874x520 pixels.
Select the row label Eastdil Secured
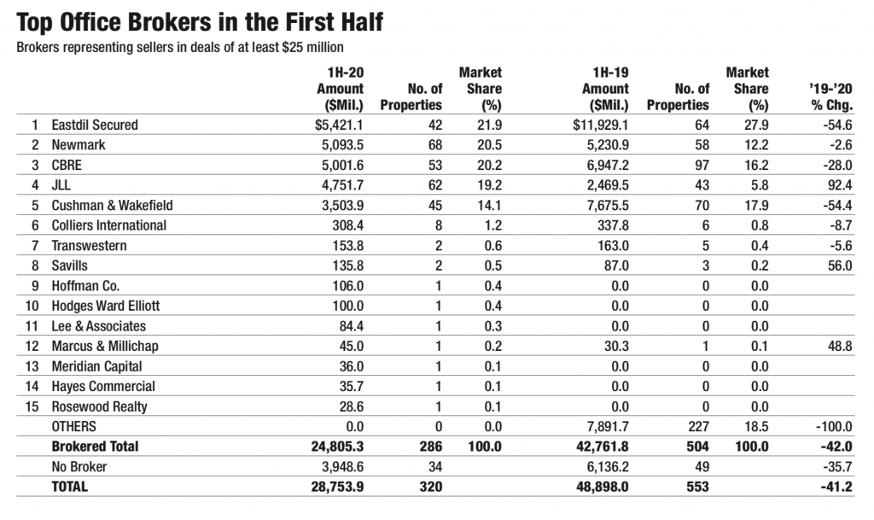[95, 125]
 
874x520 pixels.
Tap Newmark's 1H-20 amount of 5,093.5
[342, 145]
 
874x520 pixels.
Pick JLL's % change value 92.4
[840, 185]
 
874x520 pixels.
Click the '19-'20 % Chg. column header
[831, 97]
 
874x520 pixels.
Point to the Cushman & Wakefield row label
[112, 205]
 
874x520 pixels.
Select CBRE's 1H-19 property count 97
[702, 165]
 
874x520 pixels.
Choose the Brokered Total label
[95, 447]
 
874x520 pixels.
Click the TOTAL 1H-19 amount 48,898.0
[602, 487]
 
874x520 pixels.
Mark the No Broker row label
[79, 466]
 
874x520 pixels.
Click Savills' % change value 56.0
[840, 266]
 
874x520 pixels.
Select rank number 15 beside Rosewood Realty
[32, 406]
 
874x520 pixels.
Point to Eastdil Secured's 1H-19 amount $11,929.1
[600, 125]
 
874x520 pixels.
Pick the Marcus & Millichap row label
[105, 346]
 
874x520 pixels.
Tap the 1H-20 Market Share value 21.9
[489, 125]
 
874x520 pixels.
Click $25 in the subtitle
[292, 47]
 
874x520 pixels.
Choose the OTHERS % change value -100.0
[833, 426]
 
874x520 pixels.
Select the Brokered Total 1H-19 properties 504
[698, 447]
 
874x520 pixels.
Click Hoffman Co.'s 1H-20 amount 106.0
[347, 286]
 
